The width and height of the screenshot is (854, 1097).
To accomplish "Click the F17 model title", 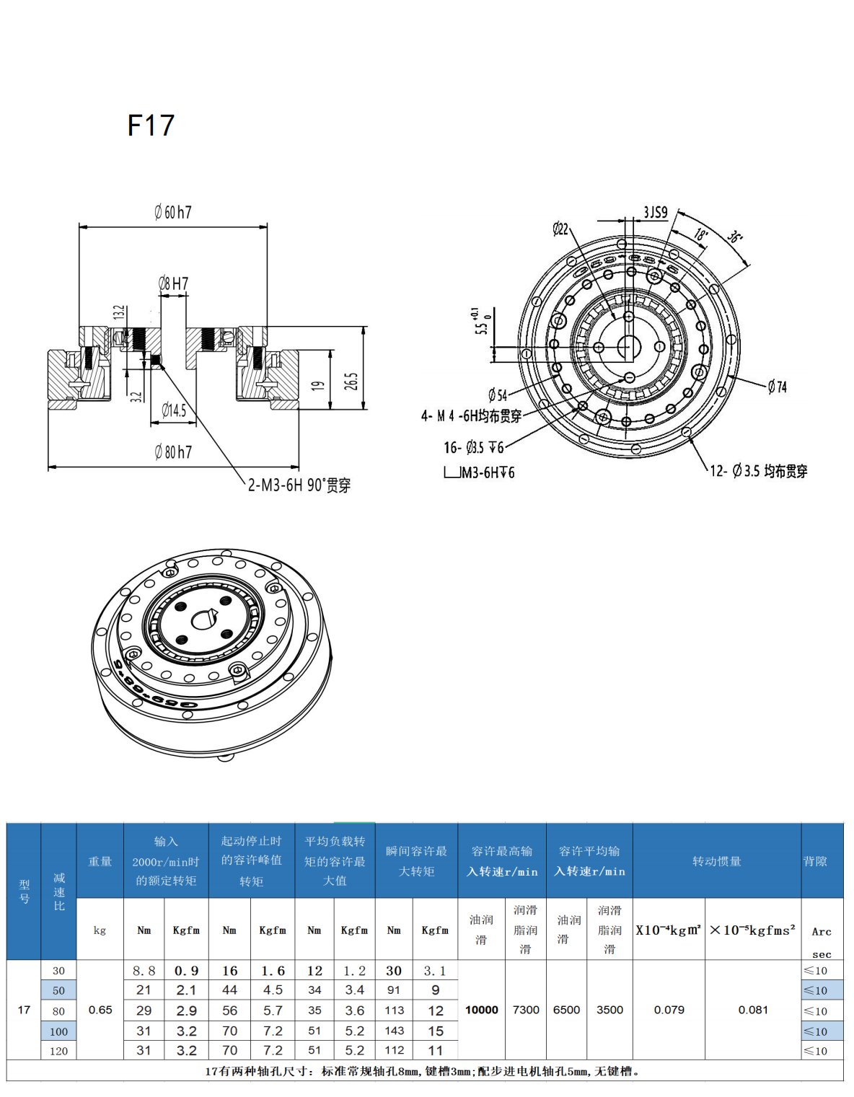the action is [151, 125].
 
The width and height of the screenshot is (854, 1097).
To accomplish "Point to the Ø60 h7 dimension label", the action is [173, 212].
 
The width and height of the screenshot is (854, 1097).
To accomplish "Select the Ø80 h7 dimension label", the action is [173, 451].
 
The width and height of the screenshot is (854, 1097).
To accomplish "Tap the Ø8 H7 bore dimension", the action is [173, 283].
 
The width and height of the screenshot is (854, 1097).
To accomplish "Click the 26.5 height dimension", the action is [353, 381].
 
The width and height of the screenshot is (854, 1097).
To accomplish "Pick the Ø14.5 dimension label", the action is [174, 410].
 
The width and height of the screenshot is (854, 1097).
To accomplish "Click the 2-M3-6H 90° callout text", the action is [299, 485].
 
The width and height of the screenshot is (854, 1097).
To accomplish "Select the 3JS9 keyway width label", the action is [655, 213].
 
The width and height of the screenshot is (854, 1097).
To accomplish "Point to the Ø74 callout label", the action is [778, 387].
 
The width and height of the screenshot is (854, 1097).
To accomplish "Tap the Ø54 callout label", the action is [498, 395].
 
